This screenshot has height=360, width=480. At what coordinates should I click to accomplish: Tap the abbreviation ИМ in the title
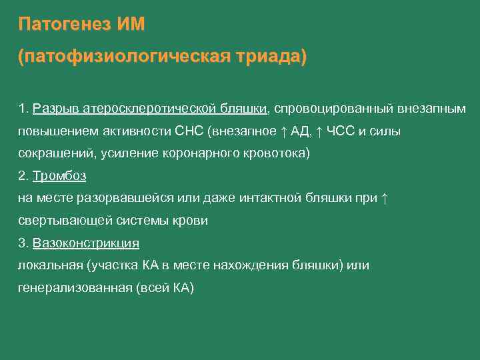point(130,25)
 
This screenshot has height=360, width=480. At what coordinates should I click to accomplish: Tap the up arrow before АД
point(282,131)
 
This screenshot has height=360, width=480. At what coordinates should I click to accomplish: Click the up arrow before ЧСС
point(319,131)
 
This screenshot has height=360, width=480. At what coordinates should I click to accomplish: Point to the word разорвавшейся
point(135,199)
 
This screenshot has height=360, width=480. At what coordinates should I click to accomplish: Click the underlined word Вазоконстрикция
point(85,243)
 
